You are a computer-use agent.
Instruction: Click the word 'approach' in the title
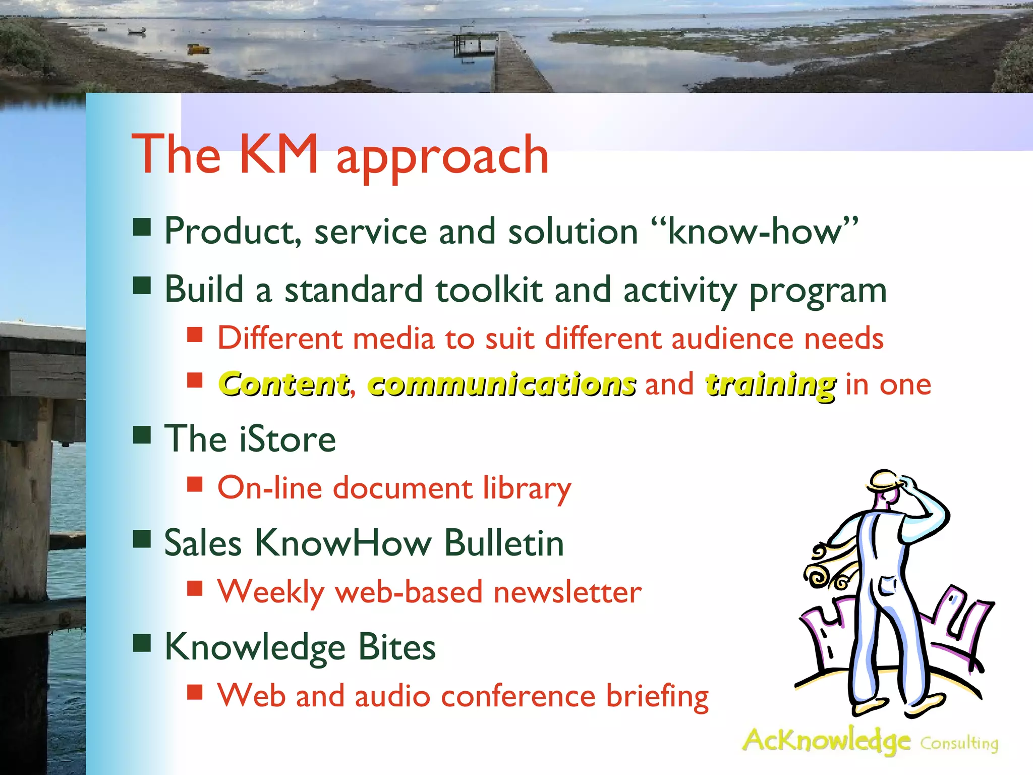pyautogui.click(x=442, y=156)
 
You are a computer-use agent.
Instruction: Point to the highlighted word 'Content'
pyautogui.click(x=284, y=384)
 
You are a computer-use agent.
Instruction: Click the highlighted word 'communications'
pyautogui.click(x=502, y=384)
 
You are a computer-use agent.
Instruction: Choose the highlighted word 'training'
pyautogui.click(x=771, y=384)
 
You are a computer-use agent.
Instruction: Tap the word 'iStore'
pyautogui.click(x=287, y=439)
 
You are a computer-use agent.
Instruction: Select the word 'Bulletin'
pyautogui.click(x=504, y=543)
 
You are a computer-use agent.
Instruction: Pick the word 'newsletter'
pyautogui.click(x=567, y=592)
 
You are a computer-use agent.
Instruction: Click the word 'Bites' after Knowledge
pyautogui.click(x=397, y=647)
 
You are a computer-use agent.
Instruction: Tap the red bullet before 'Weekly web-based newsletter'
pyautogui.click(x=195, y=588)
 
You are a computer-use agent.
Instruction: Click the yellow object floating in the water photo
pyautogui.click(x=198, y=49)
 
